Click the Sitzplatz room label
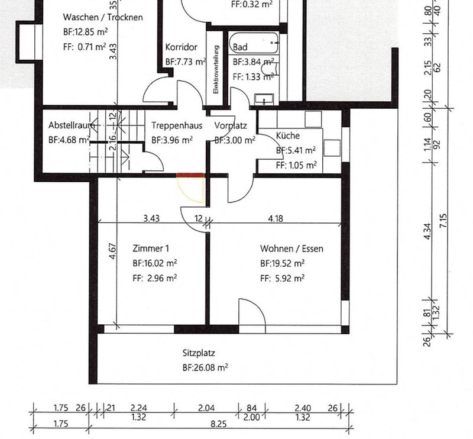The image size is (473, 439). pos(199,353)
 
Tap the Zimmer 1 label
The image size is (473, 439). pos(151,248)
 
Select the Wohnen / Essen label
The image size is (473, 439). pos(291,248)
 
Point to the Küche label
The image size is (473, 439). pos(288,135)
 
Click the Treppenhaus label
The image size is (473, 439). pos(177,125)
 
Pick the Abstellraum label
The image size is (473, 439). pos(72,125)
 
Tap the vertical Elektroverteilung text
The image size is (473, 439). pos(216,69)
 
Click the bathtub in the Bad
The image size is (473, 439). pos(254,43)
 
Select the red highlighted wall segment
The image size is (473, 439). pos(190,175)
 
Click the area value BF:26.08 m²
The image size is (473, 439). pos(205,367)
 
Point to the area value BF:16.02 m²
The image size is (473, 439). pos(155,263)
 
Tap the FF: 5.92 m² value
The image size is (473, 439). pos(283,277)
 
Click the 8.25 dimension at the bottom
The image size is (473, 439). pos(218,424)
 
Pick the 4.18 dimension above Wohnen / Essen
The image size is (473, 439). pos(276,218)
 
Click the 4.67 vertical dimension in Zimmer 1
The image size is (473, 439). pos(112,251)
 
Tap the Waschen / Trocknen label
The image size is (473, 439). pos(103,17)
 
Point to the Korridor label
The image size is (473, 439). pos(182,47)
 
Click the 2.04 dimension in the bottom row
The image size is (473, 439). pos(206,408)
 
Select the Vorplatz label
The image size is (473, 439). pos(231,125)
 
